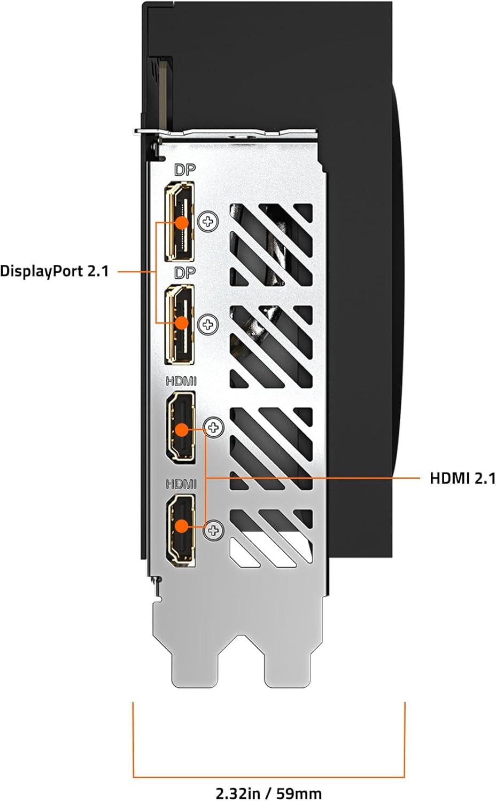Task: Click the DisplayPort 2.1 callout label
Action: [54, 271]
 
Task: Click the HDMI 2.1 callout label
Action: [462, 478]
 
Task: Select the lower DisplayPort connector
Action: [180, 324]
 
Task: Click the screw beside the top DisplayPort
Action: [208, 221]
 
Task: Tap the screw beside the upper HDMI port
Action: [214, 427]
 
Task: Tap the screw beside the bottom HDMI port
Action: [214, 530]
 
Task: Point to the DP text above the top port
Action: [185, 170]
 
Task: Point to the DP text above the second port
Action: [185, 272]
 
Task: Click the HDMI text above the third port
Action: [181, 381]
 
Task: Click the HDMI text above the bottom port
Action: [181, 484]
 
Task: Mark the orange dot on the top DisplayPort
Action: [182, 222]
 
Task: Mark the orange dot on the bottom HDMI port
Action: [182, 525]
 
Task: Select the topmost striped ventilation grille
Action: [271, 245]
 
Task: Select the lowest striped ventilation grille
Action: [271, 539]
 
